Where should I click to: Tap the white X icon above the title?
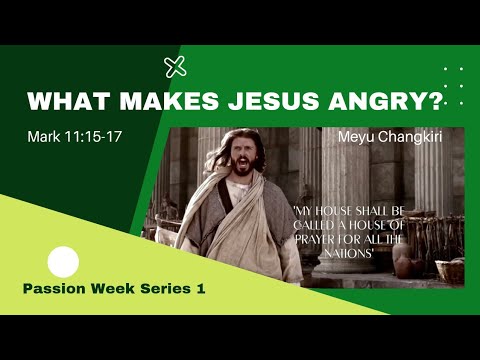coord(175,67)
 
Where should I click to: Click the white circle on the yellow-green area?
coord(63,262)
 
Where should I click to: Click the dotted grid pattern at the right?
coord(453,84)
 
